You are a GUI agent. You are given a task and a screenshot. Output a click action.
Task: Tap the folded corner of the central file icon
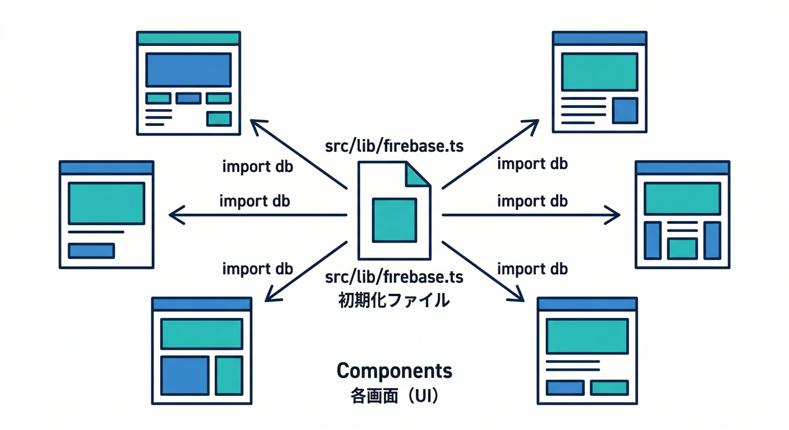coord(417,175)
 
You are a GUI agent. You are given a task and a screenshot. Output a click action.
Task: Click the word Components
coord(394,371)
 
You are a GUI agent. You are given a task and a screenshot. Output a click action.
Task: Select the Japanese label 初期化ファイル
coord(394,301)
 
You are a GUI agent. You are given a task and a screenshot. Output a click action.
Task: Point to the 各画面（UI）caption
coord(394,397)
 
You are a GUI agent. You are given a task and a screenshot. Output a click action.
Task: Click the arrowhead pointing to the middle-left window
coord(175,214)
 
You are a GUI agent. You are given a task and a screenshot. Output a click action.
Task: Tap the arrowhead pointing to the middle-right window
coord(615,214)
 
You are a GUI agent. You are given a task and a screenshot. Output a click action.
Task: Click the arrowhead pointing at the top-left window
coord(257,125)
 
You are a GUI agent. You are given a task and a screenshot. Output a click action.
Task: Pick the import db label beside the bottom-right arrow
coord(532,269)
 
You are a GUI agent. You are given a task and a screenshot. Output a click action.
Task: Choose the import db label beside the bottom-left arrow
coord(257,269)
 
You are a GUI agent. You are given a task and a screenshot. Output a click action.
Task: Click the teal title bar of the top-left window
coord(188,38)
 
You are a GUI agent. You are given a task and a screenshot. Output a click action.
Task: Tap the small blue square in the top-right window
coord(625,110)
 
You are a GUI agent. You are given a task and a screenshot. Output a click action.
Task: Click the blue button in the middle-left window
coord(91,250)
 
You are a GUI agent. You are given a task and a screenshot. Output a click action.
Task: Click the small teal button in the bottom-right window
coord(610,387)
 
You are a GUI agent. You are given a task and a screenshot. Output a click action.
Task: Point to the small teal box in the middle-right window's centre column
coord(682,248)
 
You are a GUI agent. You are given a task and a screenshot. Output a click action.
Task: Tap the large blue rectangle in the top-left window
coord(188,69)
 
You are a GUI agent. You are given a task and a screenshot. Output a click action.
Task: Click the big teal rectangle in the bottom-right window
coord(587,336)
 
